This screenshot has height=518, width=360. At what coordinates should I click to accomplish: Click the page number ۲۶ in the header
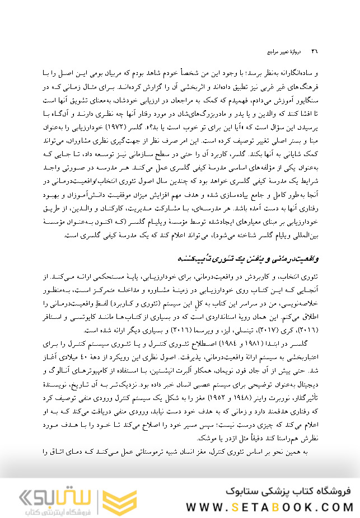tap(315, 51)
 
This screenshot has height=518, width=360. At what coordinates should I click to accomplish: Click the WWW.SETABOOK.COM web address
tap(269, 507)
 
